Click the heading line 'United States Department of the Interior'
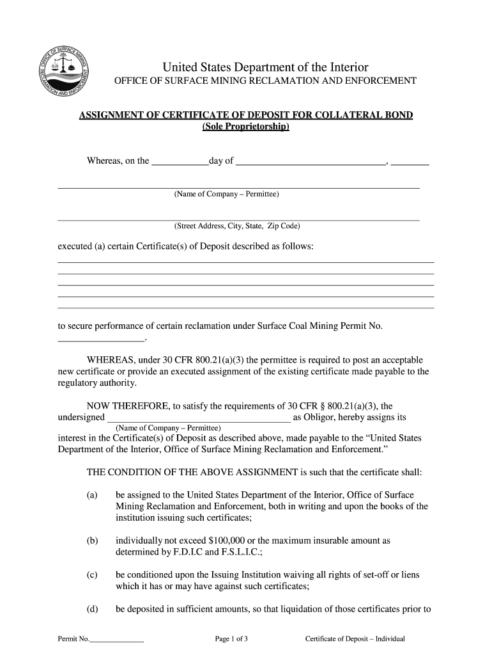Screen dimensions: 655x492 click(265, 68)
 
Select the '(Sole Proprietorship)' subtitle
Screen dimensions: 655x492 click(245, 127)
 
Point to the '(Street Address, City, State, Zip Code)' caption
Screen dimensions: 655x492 click(237, 226)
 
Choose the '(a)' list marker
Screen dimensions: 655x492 click(92, 495)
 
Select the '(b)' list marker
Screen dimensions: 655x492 click(92, 541)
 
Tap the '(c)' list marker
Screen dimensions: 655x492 click(92, 574)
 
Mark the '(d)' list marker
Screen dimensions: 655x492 click(92, 609)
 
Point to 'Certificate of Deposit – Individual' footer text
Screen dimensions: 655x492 click(355, 638)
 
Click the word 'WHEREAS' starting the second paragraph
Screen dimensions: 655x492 click(110, 360)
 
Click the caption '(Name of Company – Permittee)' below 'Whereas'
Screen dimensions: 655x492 click(226, 194)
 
